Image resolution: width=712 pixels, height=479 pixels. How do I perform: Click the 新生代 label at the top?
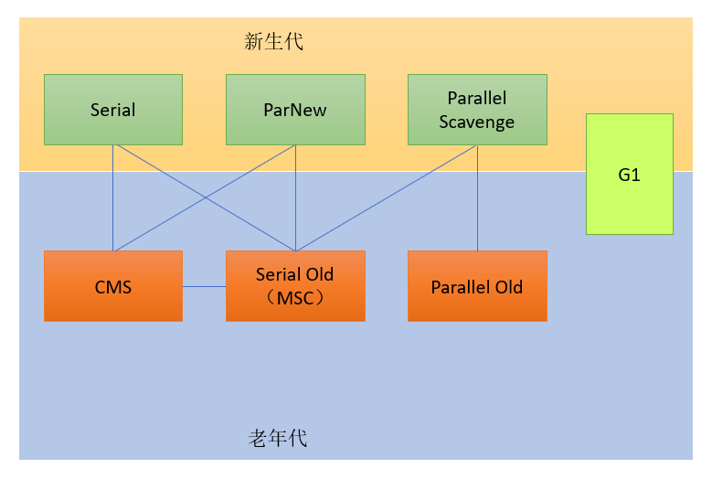click(273, 41)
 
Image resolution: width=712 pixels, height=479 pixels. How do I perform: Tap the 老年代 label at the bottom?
click(277, 438)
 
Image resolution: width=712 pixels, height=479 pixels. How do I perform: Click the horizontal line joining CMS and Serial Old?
click(204, 286)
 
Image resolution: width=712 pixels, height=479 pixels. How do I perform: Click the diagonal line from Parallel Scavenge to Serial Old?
click(384, 198)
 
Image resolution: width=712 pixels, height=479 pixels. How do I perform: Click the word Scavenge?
click(476, 122)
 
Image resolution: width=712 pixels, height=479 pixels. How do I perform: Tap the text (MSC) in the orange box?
click(294, 297)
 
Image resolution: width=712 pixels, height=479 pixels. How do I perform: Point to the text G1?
click(629, 175)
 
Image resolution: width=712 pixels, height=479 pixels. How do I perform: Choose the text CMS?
click(113, 287)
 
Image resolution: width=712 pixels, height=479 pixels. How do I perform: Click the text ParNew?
click(295, 111)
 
